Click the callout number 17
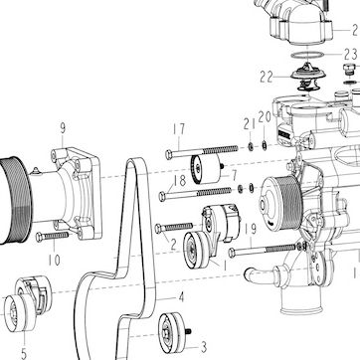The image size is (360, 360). click(x=179, y=129)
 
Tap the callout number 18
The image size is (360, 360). click(x=180, y=181)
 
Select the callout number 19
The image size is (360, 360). click(x=251, y=229)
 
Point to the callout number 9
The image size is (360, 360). click(x=63, y=128)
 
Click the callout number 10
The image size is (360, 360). click(x=54, y=261)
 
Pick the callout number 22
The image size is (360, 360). click(x=267, y=78)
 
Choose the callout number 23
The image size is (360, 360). click(x=350, y=55)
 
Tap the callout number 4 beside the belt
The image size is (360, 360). click(x=181, y=297)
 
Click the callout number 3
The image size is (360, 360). click(x=204, y=347)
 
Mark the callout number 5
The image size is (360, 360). click(x=24, y=353)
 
